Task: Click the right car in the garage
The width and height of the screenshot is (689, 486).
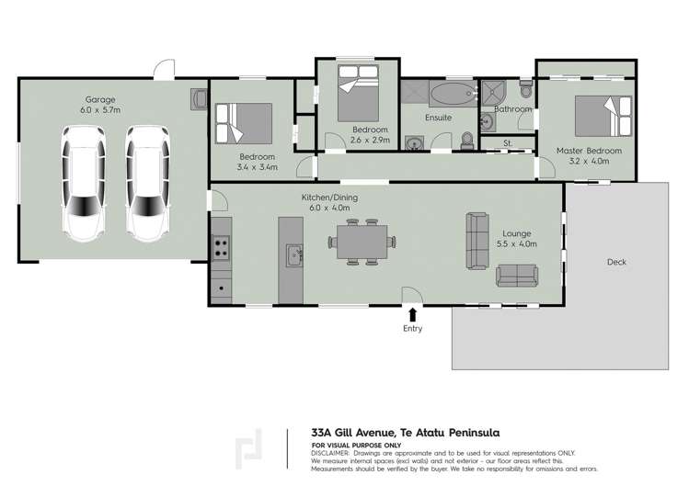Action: click(x=149, y=185)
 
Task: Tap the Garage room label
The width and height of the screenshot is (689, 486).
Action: click(x=99, y=99)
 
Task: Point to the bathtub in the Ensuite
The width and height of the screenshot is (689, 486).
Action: click(x=450, y=95)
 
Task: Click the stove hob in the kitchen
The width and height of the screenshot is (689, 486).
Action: click(x=222, y=245)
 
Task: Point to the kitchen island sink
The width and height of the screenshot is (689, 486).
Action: click(x=293, y=254)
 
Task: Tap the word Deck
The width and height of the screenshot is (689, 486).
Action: click(x=616, y=262)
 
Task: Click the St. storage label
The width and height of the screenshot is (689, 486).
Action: click(x=507, y=142)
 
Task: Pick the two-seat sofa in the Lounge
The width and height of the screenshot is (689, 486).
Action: click(x=516, y=275)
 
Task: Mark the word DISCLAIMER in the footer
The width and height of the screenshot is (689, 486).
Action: click(x=337, y=454)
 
